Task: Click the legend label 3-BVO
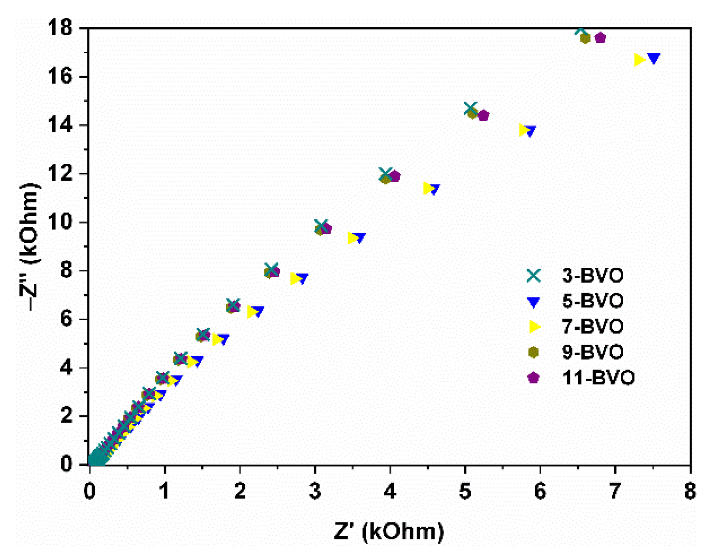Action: pyautogui.click(x=593, y=275)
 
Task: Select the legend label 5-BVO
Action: pyautogui.click(x=593, y=301)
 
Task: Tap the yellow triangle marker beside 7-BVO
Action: pyautogui.click(x=534, y=327)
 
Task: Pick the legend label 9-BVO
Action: pyautogui.click(x=593, y=352)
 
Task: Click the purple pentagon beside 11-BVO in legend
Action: pyautogui.click(x=533, y=377)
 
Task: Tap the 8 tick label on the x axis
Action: pyautogui.click(x=690, y=491)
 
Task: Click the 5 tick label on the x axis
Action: pyautogui.click(x=465, y=491)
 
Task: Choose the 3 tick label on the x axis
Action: pyautogui.click(x=315, y=491)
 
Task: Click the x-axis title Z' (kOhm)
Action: pyautogui.click(x=388, y=531)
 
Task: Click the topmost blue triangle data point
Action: pyautogui.click(x=654, y=58)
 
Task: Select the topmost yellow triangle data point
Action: pyautogui.click(x=639, y=60)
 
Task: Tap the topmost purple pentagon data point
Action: pyautogui.click(x=600, y=38)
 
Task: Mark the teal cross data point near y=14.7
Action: pyautogui.click(x=470, y=109)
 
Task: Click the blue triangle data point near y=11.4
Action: pyautogui.click(x=434, y=189)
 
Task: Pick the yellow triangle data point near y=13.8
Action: pyautogui.click(x=524, y=130)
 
